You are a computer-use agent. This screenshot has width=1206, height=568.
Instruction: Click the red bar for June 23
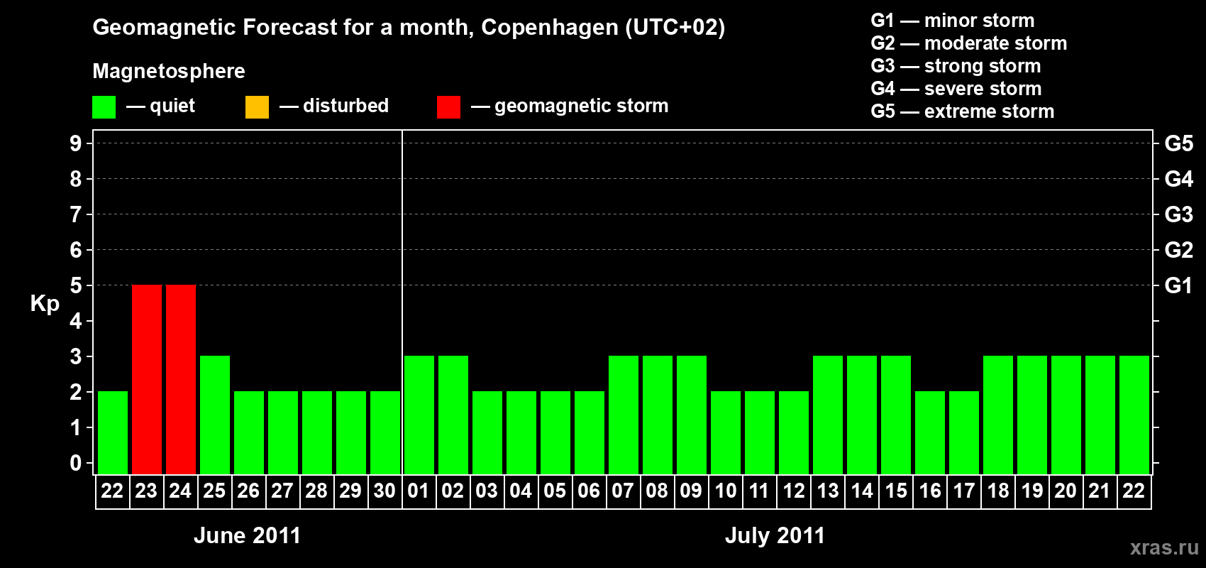(146, 379)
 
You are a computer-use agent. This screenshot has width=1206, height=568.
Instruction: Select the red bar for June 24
(180, 379)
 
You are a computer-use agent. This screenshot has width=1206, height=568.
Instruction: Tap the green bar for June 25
(214, 415)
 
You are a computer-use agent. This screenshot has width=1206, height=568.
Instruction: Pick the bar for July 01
(419, 415)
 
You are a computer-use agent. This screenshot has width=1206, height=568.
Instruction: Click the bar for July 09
(691, 415)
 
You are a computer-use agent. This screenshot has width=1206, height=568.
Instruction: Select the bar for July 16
(929, 432)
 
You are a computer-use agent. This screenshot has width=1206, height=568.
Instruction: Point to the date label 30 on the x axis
(385, 491)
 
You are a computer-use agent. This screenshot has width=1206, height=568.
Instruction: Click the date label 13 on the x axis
(827, 491)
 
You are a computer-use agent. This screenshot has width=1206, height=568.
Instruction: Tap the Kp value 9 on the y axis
(76, 143)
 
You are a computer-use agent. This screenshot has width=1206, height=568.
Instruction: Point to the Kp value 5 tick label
(76, 285)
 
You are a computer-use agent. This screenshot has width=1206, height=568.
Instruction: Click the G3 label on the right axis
(1178, 214)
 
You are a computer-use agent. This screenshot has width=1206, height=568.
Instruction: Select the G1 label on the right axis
(1178, 285)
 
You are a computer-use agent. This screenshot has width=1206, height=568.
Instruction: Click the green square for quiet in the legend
(104, 107)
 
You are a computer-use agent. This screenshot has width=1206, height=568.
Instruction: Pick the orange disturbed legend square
(257, 107)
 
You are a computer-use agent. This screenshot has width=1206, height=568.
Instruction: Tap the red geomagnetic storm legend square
(448, 107)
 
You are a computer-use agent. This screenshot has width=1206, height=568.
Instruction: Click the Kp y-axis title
(45, 304)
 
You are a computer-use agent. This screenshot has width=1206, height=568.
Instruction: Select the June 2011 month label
(247, 535)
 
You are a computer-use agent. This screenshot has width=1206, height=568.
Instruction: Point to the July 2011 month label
(775, 535)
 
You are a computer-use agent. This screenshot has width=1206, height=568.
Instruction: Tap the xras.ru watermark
(1164, 547)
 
